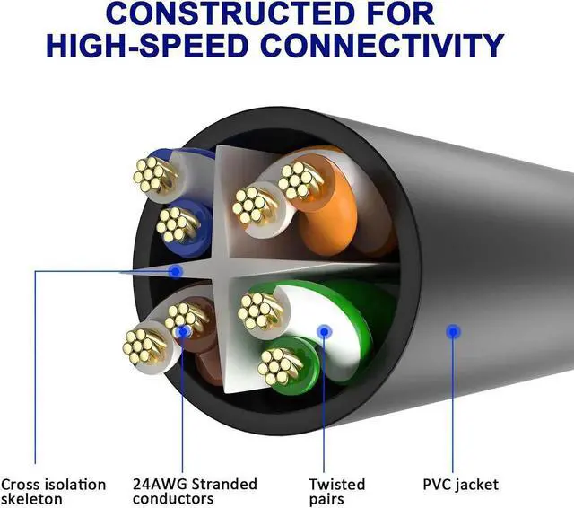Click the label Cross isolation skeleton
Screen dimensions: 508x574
tap(53, 492)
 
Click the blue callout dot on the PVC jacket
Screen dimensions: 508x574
tap(454, 332)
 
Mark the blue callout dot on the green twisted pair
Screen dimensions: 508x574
tap(325, 332)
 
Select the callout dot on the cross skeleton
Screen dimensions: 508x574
tap(176, 269)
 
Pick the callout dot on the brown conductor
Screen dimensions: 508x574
tap(183, 332)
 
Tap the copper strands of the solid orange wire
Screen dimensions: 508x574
tap(300, 181)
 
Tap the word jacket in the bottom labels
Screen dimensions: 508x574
tap(479, 486)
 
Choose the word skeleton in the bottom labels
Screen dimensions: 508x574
tap(32, 499)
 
